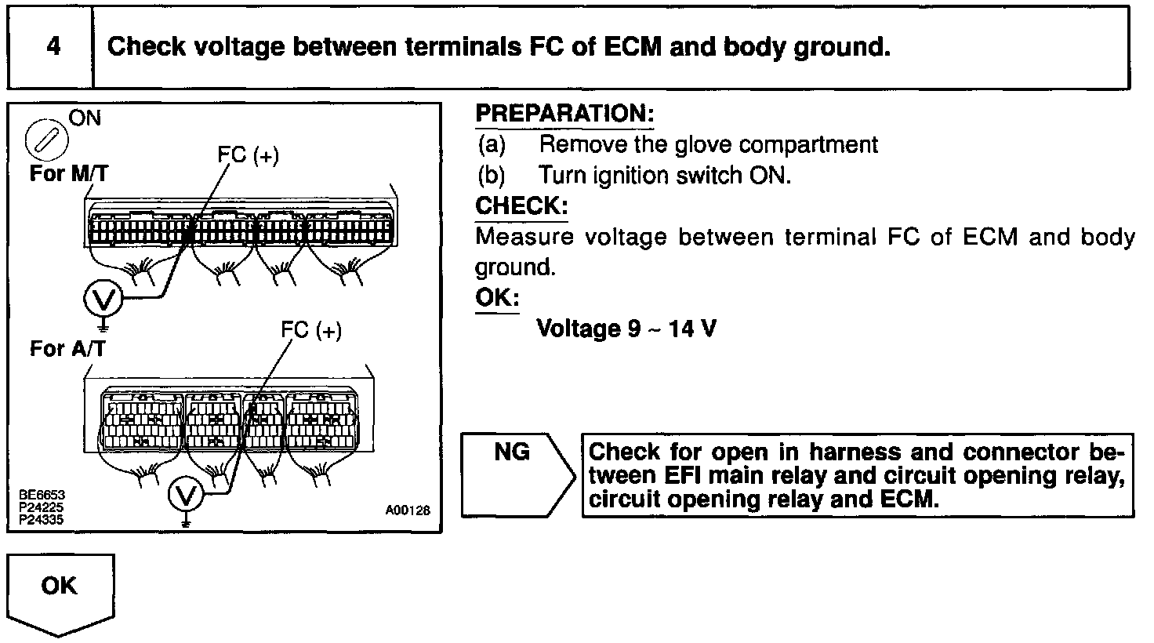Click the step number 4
point(53,47)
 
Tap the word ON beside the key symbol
point(85,118)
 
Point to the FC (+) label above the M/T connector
point(248,155)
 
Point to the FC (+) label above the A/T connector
point(311,331)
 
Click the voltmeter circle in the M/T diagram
point(103,299)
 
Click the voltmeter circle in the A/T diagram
point(186,494)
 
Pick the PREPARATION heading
point(564,114)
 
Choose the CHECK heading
point(521,206)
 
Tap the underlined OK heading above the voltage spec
point(497,299)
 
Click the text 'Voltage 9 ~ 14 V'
point(626,329)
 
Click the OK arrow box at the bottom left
point(60,592)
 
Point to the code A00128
point(408,510)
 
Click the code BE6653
point(43,496)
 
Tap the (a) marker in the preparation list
point(492,145)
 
